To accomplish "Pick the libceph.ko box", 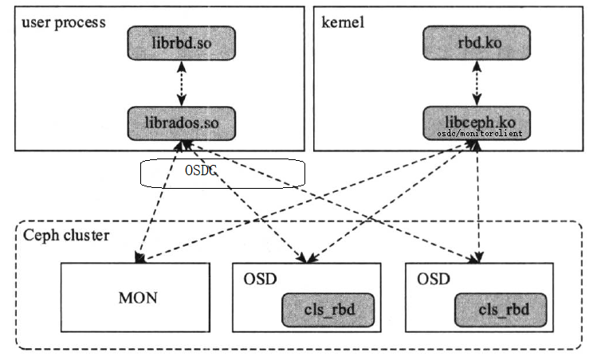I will [x=475, y=123].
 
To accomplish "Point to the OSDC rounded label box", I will [x=222, y=173].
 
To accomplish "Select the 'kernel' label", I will [x=343, y=22].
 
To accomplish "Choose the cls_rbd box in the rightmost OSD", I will [x=502, y=307].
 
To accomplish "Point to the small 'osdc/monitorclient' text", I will [x=480, y=134].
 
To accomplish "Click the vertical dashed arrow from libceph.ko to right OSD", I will [x=477, y=199].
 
